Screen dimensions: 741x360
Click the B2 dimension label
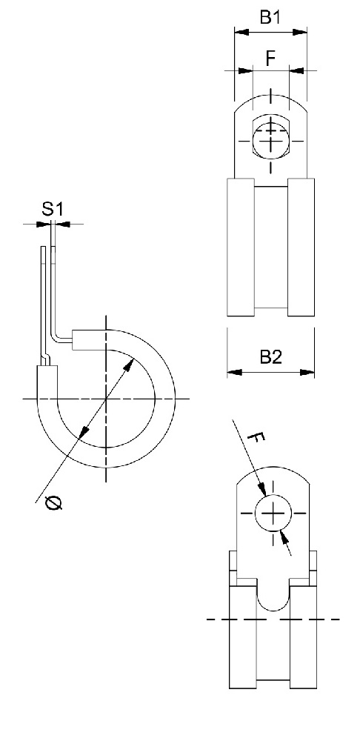click(270, 358)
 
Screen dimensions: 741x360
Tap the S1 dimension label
click(52, 210)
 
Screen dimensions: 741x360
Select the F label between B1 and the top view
click(270, 59)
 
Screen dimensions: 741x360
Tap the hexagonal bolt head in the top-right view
click(273, 136)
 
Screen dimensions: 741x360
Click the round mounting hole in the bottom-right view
click(273, 512)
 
